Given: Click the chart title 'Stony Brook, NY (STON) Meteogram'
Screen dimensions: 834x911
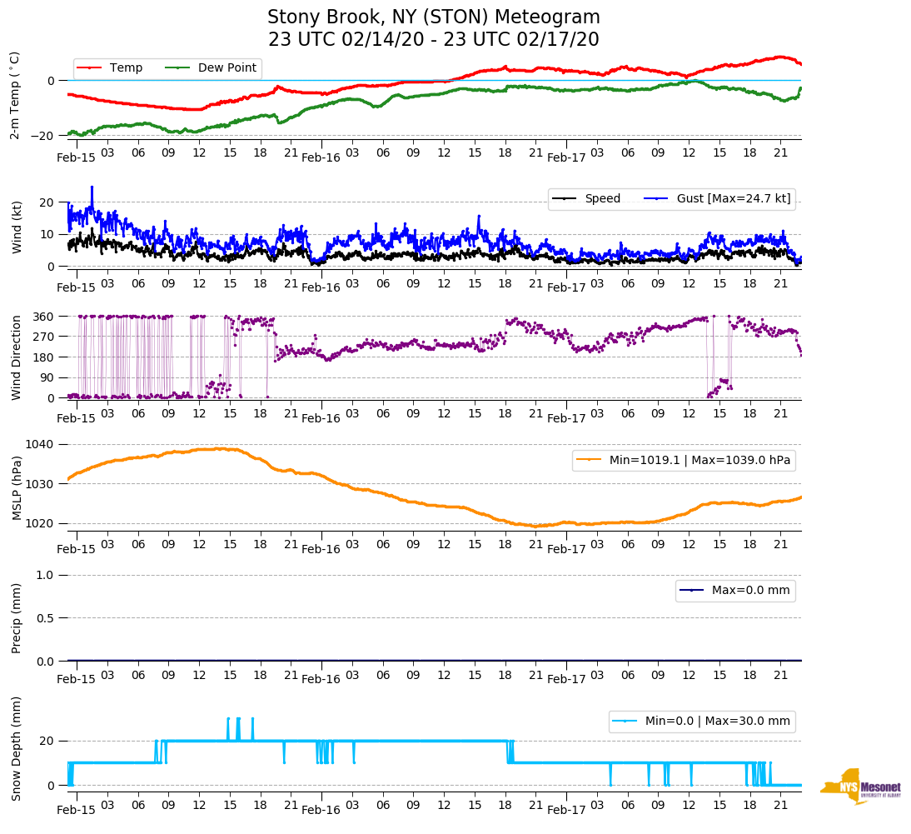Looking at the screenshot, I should (433, 17).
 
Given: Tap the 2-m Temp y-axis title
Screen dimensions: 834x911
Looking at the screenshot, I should (14, 95).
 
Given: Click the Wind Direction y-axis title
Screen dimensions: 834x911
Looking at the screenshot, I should (16, 357).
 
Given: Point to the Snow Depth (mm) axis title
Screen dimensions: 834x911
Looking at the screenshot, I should (16, 748).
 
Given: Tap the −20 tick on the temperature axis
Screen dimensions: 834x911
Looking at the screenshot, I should (44, 135).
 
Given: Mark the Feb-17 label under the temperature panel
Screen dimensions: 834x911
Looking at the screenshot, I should (566, 157).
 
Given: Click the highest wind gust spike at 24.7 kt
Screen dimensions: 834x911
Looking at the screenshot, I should (92, 187).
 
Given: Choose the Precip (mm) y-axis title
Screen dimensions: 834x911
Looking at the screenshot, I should (16, 617).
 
